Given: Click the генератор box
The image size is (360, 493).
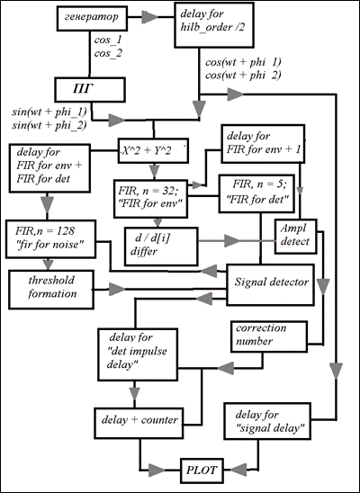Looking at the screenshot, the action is click(92, 19).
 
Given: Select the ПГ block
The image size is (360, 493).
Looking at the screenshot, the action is click(90, 90).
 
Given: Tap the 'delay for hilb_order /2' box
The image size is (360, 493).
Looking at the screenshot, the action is click(214, 25).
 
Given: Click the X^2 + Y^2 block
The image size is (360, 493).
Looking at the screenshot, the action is click(153, 150).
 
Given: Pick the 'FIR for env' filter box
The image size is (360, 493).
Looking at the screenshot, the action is click(151, 199).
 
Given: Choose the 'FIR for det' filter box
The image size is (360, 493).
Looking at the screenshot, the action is click(256, 193).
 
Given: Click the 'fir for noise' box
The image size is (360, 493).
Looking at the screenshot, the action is click(50, 239).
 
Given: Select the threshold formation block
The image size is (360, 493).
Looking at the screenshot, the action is click(51, 290).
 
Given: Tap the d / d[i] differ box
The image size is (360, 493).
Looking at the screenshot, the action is click(161, 246).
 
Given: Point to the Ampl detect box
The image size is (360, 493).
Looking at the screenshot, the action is click(296, 237).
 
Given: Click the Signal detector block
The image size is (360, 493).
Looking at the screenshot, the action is click(270, 284).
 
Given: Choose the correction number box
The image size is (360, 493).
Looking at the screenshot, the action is click(269, 336).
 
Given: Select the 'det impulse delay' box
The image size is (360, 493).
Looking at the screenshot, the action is click(138, 354).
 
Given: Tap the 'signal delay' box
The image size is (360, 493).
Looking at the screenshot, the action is click(267, 421).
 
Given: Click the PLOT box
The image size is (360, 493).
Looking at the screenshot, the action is click(202, 471).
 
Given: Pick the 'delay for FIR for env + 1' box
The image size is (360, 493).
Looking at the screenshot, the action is click(263, 144).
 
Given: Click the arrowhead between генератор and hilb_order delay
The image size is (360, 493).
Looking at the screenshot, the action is click(149, 17).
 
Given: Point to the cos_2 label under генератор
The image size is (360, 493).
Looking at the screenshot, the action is click(108, 53).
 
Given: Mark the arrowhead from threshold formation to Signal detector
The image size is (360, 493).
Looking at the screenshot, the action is click(117, 290).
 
